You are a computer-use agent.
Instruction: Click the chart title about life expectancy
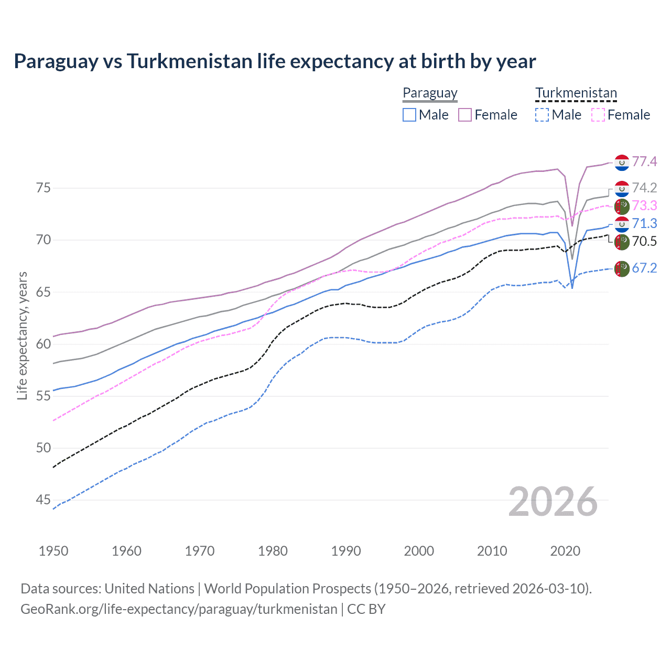pyautogui.click(x=275, y=61)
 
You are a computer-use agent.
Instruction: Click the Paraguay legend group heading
pyautogui.click(x=430, y=93)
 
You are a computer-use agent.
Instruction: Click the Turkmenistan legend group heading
pyautogui.click(x=576, y=93)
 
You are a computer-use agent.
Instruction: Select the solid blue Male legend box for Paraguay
pyautogui.click(x=409, y=115)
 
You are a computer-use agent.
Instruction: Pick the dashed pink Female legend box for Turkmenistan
pyautogui.click(x=598, y=115)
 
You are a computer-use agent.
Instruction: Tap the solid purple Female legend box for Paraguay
pyautogui.click(x=465, y=115)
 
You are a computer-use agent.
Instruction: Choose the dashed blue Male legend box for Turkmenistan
pyautogui.click(x=542, y=115)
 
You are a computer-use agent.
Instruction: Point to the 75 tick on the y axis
pyautogui.click(x=43, y=188)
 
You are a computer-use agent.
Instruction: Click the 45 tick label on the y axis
pyautogui.click(x=43, y=500)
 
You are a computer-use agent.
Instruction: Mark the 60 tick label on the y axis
pyautogui.click(x=43, y=344)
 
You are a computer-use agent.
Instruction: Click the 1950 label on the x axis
pyautogui.click(x=53, y=551)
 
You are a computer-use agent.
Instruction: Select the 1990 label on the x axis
pyautogui.click(x=346, y=551)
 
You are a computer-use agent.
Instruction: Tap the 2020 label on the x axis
pyautogui.click(x=565, y=551)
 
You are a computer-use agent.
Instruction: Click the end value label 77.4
pyautogui.click(x=644, y=162)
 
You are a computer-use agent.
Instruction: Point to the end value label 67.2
pyautogui.click(x=644, y=268)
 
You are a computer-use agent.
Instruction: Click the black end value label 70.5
pyautogui.click(x=644, y=241)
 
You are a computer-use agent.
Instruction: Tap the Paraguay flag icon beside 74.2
pyautogui.click(x=622, y=188)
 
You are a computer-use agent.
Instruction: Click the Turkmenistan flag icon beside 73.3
pyautogui.click(x=622, y=206)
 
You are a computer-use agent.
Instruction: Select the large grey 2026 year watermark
pyautogui.click(x=553, y=502)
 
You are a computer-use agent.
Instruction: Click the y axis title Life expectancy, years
pyautogui.click(x=23, y=335)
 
